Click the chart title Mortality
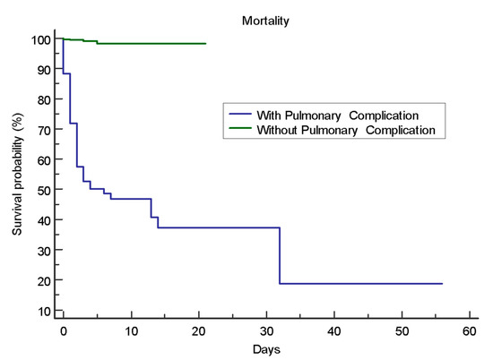tap(265, 21)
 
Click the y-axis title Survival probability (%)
tap(17, 174)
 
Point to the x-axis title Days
tap(266, 349)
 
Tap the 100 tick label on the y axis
tap(40, 40)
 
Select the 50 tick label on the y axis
tap(44, 191)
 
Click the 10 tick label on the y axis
tap(44, 312)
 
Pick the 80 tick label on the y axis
tap(44, 100)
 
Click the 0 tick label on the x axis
tap(64, 331)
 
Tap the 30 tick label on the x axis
tap(266, 331)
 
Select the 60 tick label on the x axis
tap(470, 331)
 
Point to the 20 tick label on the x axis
tap(199, 331)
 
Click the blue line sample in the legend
tap(240, 114)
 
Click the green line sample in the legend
tap(240, 128)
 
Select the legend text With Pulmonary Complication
tap(338, 116)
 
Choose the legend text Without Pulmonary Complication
tap(346, 130)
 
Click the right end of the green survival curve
tap(205, 44)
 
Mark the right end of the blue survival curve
tap(442, 284)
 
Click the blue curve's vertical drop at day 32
tap(280, 256)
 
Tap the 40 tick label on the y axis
tap(44, 221)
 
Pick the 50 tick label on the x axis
tap(402, 331)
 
